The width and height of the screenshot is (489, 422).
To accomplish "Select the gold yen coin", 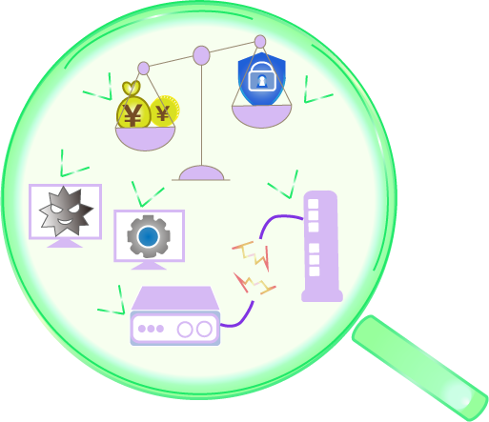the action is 165,111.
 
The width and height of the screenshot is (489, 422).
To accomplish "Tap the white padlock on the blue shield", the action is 261,76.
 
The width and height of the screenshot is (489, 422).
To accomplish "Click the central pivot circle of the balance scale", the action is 201,55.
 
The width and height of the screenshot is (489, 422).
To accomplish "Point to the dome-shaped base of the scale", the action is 201,173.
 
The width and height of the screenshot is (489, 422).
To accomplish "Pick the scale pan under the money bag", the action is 145,138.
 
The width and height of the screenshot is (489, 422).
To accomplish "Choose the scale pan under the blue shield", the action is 261,116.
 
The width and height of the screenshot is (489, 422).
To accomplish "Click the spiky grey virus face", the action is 66,211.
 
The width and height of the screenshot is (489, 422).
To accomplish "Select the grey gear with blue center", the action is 149,236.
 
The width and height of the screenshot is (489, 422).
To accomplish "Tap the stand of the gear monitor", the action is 149,266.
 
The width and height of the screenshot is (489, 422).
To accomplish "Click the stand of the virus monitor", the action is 65,243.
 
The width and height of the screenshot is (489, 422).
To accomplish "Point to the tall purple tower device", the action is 321,247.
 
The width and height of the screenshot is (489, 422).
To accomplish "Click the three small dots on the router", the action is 151,329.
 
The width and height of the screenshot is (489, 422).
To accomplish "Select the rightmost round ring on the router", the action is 204,329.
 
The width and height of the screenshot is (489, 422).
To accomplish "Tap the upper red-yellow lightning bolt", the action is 252,255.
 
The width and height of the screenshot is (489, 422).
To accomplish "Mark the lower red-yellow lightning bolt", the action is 255,283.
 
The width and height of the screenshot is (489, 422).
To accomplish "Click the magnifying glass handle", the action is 420,369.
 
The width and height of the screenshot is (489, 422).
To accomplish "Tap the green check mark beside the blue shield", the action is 316,91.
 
